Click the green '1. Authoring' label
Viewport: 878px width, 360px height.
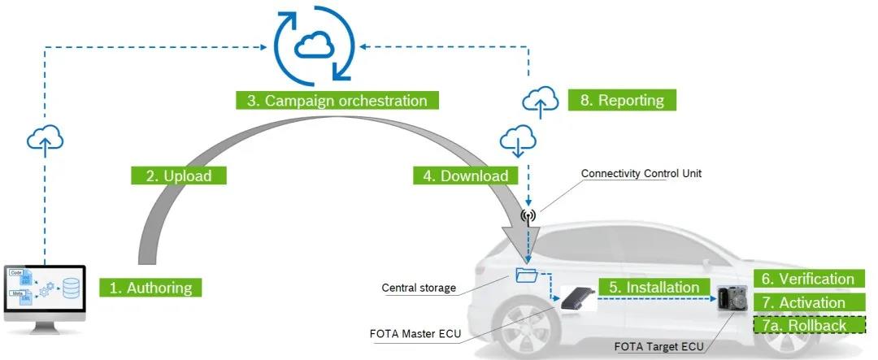tap(151, 287)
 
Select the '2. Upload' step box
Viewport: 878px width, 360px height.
tap(177, 175)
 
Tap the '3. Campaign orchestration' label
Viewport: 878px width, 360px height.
tap(337, 101)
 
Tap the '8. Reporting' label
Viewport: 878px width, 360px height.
tap(621, 100)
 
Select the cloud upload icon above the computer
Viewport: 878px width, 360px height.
tap(45, 139)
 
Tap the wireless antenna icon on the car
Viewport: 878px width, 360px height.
tap(528, 216)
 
